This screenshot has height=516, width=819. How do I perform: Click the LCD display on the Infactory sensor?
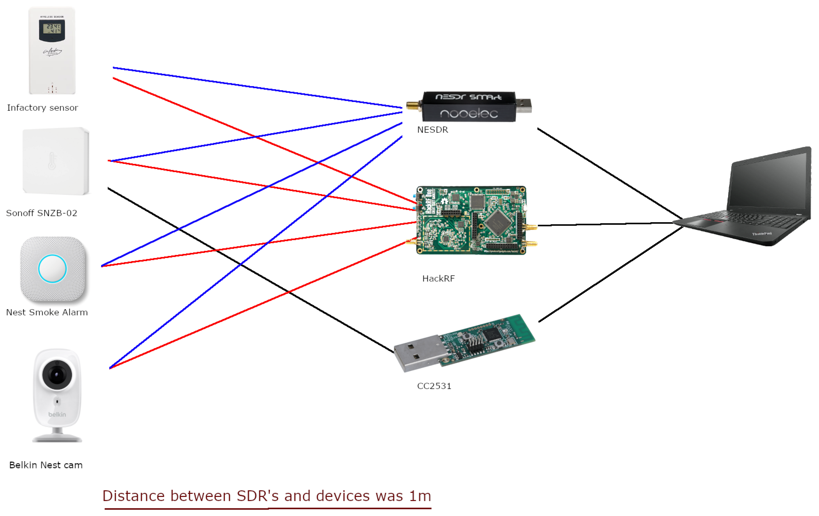coord(52,29)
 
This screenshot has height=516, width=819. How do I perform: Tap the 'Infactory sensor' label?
coord(43,108)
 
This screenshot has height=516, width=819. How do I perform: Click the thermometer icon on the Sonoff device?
coord(52,161)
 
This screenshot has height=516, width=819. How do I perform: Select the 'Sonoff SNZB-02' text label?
coord(42,213)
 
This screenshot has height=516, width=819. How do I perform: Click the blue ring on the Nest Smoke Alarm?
coord(52,269)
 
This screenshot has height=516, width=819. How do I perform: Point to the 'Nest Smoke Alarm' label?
coord(47,312)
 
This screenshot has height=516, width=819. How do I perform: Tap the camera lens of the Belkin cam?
coord(57,374)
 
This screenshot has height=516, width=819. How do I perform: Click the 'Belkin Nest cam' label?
coord(46,465)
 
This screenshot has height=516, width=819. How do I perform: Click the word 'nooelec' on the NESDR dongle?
coord(469,113)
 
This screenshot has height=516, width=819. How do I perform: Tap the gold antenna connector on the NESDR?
coord(412,106)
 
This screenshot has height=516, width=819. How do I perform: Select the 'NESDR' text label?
coord(433,130)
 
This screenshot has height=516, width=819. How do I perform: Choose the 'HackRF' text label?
coord(438,278)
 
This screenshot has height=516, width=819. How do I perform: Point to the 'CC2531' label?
coord(434,386)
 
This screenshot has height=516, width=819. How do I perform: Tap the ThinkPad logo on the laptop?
coord(762,234)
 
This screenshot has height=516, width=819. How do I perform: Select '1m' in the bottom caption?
coord(420,496)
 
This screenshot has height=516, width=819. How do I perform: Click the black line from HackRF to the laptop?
coord(605,224)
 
